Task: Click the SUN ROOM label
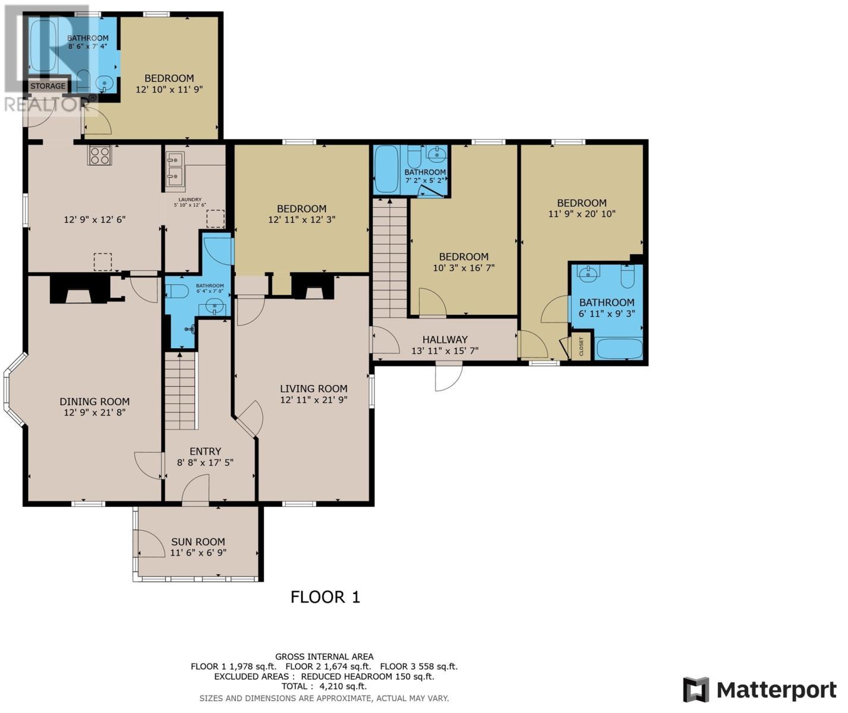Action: pyautogui.click(x=198, y=541)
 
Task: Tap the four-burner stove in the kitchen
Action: pyautogui.click(x=99, y=156)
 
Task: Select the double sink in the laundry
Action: pyautogui.click(x=175, y=167)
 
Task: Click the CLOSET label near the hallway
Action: pyautogui.click(x=581, y=347)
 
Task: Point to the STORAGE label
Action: pyautogui.click(x=48, y=86)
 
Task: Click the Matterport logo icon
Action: pyautogui.click(x=696, y=689)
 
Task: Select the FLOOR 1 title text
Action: pyautogui.click(x=325, y=597)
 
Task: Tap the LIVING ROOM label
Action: pyautogui.click(x=314, y=389)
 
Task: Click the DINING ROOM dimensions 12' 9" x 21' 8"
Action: pyautogui.click(x=94, y=412)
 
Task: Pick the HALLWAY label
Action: pyautogui.click(x=445, y=339)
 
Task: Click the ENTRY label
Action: pyautogui.click(x=205, y=451)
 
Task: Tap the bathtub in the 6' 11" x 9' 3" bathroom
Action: pyautogui.click(x=619, y=348)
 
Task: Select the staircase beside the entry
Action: pyautogui.click(x=180, y=390)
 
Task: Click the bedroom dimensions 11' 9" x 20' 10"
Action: pyautogui.click(x=581, y=213)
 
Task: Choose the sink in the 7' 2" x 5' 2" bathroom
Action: pyautogui.click(x=436, y=156)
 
